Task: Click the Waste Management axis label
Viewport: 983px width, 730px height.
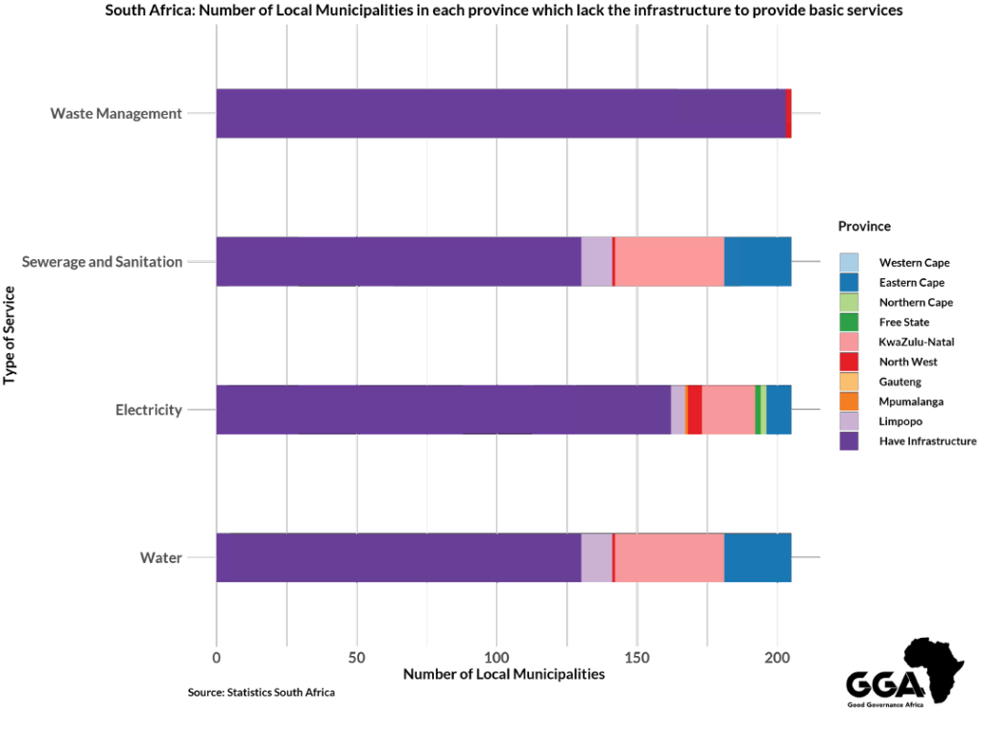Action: click(x=116, y=113)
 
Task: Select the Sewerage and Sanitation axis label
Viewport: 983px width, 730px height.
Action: click(x=102, y=261)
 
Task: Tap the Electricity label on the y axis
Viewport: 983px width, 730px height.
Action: click(x=149, y=410)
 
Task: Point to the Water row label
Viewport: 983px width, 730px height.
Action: click(x=161, y=557)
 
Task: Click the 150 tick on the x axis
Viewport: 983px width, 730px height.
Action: click(x=636, y=657)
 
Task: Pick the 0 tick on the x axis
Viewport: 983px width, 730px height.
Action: click(x=217, y=657)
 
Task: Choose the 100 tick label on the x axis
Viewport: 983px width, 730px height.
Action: click(x=496, y=657)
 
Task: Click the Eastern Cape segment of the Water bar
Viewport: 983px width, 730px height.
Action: click(x=757, y=557)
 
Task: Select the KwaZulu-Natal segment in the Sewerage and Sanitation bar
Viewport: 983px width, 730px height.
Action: click(x=669, y=261)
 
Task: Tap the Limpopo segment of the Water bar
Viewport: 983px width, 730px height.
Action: click(x=596, y=557)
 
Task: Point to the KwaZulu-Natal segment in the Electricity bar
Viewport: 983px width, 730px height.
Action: click(x=729, y=410)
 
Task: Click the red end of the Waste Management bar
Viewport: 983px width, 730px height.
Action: click(x=788, y=113)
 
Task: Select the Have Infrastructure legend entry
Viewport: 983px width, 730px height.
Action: click(x=927, y=441)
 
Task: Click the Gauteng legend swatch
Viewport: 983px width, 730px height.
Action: click(x=849, y=381)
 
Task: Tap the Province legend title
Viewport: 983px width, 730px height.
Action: click(x=864, y=226)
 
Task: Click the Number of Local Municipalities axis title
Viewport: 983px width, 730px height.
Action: click(x=504, y=674)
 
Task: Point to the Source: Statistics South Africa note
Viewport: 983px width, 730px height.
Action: click(x=261, y=693)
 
